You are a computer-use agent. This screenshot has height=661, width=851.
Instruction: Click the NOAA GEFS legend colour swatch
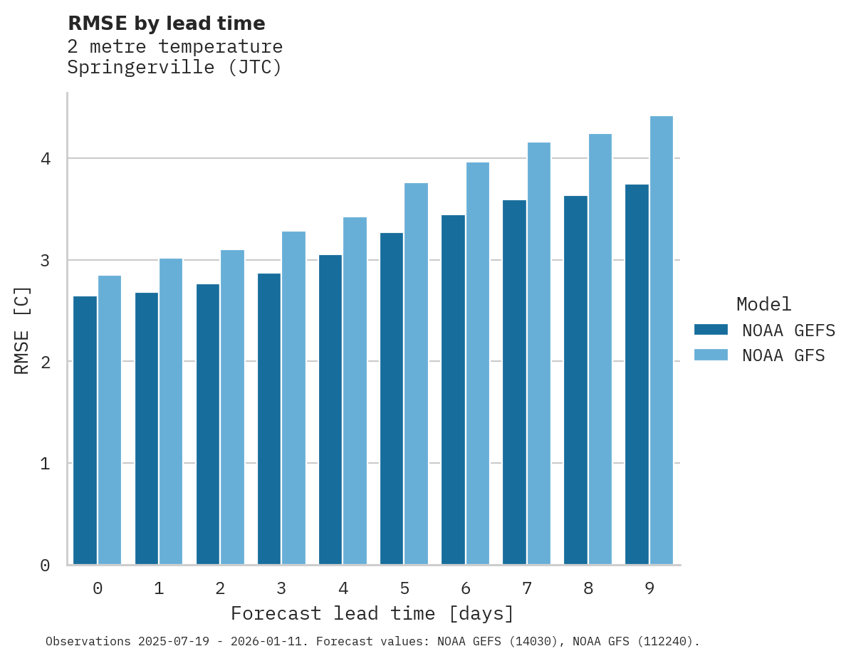point(711,330)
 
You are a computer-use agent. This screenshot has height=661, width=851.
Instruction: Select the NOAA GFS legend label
point(783,355)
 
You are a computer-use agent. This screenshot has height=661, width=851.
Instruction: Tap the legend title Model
point(763,304)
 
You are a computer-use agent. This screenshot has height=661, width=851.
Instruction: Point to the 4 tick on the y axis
point(45,159)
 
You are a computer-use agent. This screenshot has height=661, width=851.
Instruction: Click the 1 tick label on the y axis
point(45,464)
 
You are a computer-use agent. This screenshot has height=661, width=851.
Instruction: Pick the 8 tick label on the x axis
point(588,588)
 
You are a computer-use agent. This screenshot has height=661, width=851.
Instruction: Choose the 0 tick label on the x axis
point(98,588)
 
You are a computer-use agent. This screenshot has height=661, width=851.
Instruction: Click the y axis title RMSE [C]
point(22,330)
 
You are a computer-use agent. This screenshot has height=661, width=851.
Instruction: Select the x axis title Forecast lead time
point(372,613)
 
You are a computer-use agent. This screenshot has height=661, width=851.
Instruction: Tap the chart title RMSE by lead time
point(166,24)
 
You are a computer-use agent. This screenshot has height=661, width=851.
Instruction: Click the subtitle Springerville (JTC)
point(174,68)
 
